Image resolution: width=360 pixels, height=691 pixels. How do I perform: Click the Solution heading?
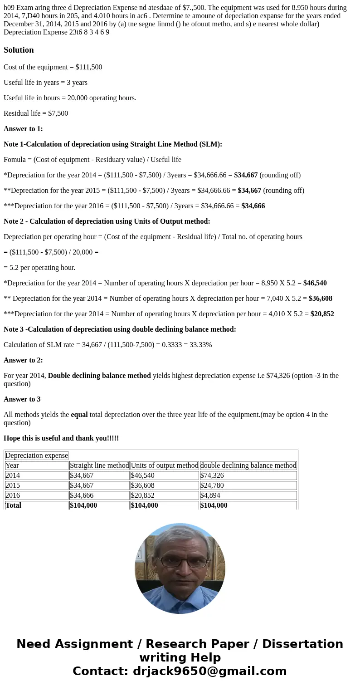tap(19, 50)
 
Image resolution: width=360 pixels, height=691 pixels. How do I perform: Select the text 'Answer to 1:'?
tap(23, 129)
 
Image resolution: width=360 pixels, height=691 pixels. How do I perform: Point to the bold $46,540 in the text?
tap(315, 283)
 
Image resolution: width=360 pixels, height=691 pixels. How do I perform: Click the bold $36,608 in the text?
tap(320, 299)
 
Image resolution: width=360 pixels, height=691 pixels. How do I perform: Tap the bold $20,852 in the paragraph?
tap(322, 314)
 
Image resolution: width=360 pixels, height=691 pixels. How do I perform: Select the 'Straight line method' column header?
tap(99, 466)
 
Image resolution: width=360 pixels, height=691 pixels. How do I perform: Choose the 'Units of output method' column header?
tap(165, 466)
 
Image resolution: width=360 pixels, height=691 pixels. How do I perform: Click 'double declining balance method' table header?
tap(248, 466)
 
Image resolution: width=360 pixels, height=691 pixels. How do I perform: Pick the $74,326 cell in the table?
tap(212, 475)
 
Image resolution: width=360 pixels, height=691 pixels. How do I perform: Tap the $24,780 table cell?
tap(212, 485)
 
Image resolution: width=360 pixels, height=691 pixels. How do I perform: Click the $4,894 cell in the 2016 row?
tap(210, 495)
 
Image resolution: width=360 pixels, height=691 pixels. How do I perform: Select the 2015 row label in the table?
tap(12, 485)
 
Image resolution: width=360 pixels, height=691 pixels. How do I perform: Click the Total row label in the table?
tap(14, 505)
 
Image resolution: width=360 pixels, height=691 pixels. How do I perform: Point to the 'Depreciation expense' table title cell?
tap(36, 456)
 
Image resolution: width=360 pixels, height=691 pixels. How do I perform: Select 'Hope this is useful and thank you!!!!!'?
tap(61, 438)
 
